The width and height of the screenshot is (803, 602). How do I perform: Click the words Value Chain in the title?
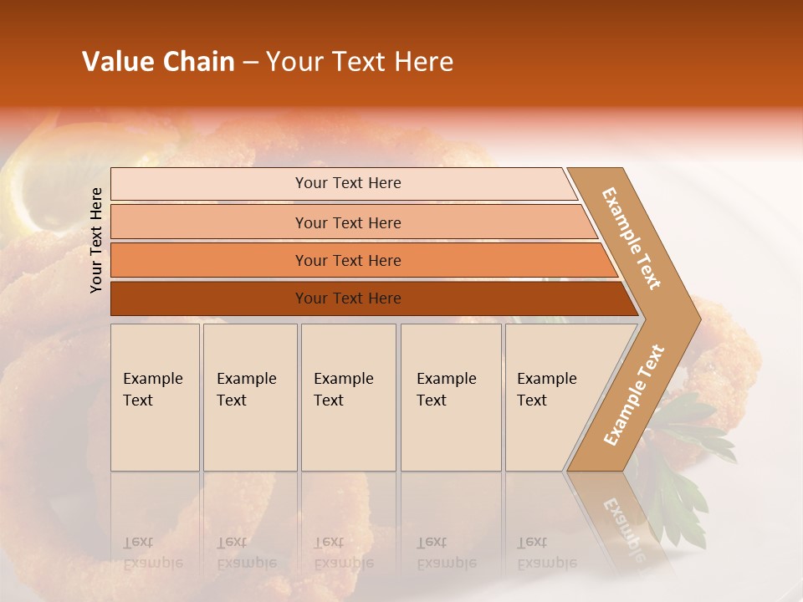point(158,62)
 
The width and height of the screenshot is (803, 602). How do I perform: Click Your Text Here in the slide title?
point(360,62)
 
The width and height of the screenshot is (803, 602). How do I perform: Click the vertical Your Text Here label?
point(96,240)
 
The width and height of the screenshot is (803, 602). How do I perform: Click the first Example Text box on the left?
point(155,397)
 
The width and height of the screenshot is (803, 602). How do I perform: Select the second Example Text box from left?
point(250,397)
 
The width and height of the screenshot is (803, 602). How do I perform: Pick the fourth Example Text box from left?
point(451,397)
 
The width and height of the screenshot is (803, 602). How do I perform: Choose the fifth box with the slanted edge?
point(552,397)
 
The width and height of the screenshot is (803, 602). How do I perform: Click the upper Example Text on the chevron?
point(632,237)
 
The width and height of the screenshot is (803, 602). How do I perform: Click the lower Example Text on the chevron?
point(633,395)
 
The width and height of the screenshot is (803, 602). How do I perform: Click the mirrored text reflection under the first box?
point(152,553)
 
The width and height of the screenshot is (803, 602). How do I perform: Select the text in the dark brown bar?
point(348,298)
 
